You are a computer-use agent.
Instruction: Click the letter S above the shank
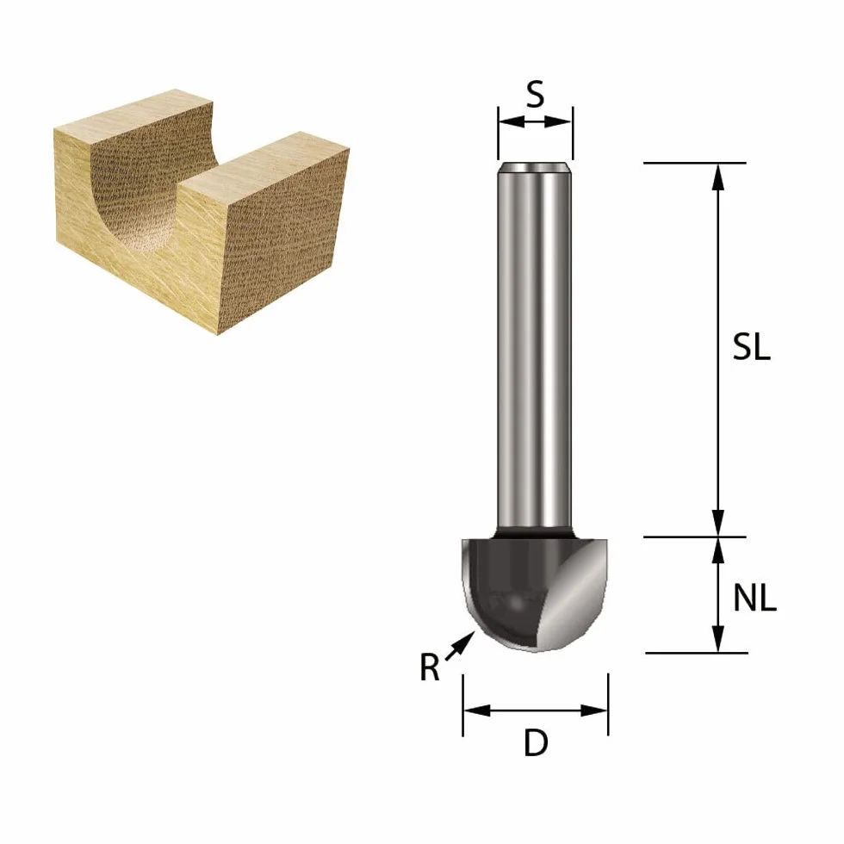(x=535, y=94)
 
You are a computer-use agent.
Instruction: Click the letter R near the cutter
(x=430, y=667)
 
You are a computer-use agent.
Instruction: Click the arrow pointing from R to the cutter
(x=461, y=645)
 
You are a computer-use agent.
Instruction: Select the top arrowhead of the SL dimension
(x=717, y=177)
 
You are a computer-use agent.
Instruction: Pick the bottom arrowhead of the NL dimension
(x=717, y=638)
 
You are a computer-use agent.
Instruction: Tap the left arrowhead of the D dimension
(x=477, y=711)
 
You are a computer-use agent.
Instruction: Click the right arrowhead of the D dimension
(x=594, y=711)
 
